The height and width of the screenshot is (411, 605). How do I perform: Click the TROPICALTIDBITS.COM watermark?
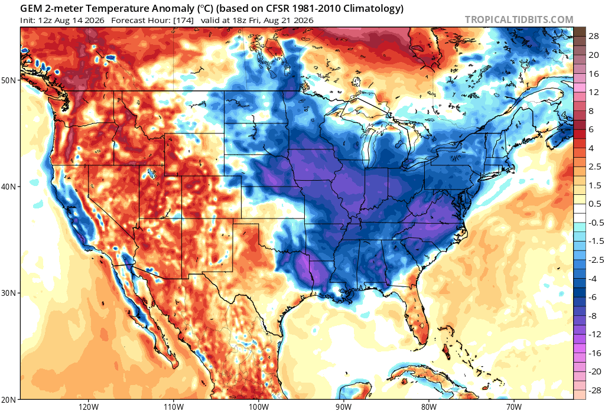(519, 19)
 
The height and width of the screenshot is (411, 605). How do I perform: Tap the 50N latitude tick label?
(9, 80)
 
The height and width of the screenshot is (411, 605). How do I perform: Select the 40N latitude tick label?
(9, 187)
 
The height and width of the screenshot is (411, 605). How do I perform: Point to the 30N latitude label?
(9, 293)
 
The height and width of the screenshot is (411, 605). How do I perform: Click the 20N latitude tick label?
(9, 399)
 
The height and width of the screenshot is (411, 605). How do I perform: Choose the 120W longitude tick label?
(88, 407)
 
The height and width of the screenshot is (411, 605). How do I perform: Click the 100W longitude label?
(258, 407)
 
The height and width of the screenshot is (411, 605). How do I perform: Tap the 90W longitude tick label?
(343, 407)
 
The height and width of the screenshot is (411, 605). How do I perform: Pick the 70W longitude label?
(514, 407)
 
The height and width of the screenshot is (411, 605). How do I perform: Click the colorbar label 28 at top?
(593, 36)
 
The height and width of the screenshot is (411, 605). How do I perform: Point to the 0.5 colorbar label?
(594, 204)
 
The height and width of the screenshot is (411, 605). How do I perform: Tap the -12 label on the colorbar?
(594, 334)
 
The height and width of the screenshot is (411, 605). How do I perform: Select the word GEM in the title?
(31, 8)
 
